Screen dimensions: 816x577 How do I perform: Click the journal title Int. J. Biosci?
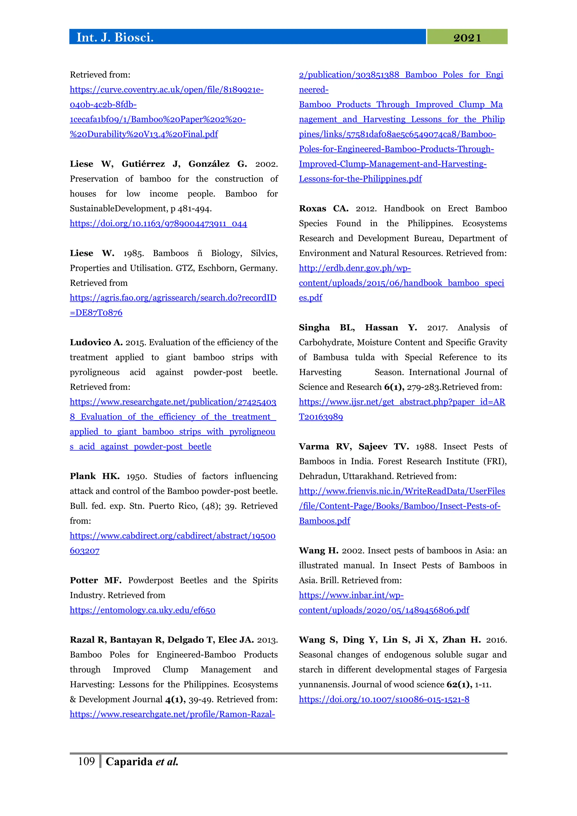click(x=115, y=37)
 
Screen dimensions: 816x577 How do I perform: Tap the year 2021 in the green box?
click(x=467, y=38)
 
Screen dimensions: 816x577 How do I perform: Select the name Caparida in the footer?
click(x=129, y=762)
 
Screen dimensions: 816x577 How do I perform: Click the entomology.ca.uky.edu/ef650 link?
click(x=143, y=610)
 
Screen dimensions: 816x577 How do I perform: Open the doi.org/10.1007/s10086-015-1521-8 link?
click(x=384, y=699)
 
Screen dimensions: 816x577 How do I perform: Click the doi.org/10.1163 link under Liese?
click(x=158, y=223)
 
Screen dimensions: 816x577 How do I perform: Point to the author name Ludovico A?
click(x=96, y=342)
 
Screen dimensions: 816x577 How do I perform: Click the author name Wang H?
click(x=318, y=551)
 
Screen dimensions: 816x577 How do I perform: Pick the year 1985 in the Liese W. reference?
click(x=133, y=253)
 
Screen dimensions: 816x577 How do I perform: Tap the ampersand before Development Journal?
click(x=73, y=699)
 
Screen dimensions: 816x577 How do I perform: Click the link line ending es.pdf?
click(x=310, y=298)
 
